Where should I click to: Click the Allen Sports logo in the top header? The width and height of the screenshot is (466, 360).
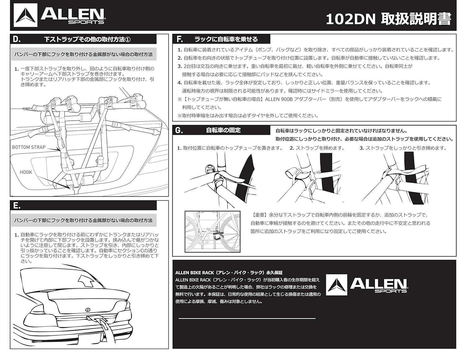point(59,15)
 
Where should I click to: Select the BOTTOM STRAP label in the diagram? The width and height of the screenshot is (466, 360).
point(29,147)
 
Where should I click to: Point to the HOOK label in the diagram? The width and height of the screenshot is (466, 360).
point(26,172)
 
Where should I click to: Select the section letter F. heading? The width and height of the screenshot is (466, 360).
point(179,39)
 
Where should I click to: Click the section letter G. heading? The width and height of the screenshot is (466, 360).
point(179,130)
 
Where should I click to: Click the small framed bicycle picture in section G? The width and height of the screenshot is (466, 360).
point(212,231)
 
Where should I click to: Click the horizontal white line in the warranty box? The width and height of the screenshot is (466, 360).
point(247,318)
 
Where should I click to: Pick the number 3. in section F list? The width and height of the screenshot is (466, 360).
point(180,66)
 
